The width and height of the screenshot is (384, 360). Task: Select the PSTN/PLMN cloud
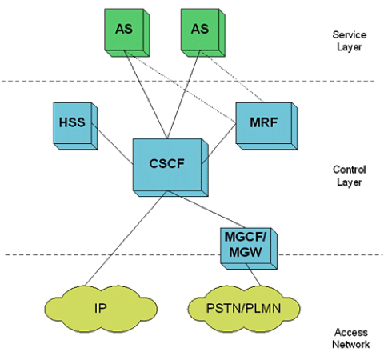(241, 307)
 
